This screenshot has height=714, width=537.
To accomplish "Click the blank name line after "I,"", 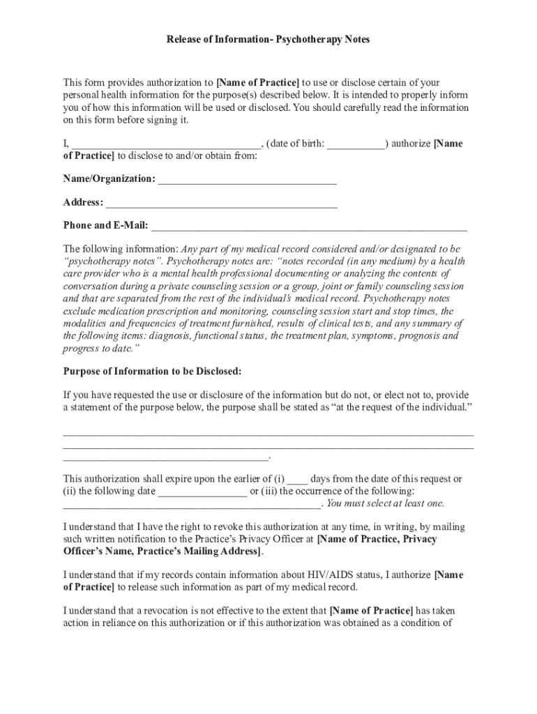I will click(x=166, y=144).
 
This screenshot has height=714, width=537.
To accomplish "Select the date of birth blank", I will click(x=356, y=144).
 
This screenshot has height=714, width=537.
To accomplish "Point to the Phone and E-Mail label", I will click(x=105, y=225).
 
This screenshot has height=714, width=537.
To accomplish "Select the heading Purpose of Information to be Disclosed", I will click(x=153, y=370).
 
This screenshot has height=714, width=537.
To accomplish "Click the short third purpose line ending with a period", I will click(x=166, y=457).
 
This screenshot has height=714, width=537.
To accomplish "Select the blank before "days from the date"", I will click(x=297, y=480).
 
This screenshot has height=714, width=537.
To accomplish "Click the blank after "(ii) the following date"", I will click(x=202, y=492).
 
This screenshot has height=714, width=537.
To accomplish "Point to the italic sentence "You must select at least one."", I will click(x=385, y=503).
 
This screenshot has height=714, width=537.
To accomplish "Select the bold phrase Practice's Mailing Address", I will click(x=199, y=551).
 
